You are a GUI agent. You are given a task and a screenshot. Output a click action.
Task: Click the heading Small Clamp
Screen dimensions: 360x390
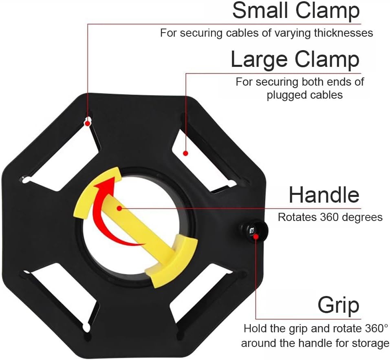pos(296,11)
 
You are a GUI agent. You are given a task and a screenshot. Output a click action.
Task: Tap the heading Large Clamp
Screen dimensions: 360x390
pos(295,60)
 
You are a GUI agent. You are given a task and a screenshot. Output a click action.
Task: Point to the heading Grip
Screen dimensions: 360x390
pos(338,305)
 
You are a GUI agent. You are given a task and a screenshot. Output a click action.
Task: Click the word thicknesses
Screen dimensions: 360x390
pos(344,33)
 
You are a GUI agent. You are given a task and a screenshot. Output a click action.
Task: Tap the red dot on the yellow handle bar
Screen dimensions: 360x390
pos(119,208)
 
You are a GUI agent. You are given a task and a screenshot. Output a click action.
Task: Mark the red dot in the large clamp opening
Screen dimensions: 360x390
pos(185,153)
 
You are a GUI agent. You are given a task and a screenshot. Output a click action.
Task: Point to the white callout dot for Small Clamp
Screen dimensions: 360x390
pos(87,122)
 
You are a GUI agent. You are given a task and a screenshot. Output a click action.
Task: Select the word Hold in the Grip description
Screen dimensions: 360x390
pos(253,329)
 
